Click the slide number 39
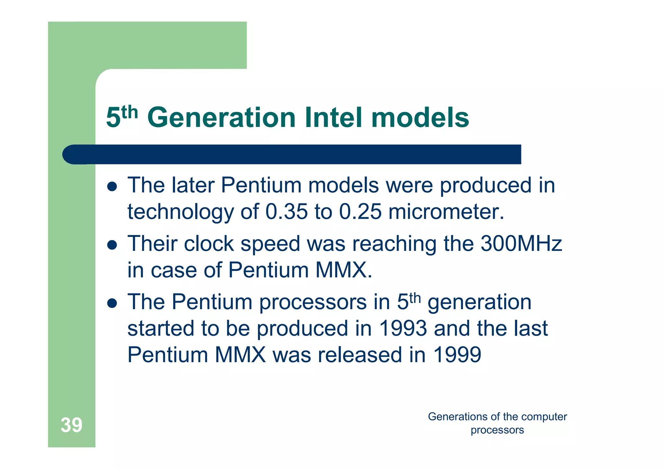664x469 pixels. pos(71,425)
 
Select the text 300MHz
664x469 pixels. pos(521,244)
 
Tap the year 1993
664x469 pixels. pos(403,328)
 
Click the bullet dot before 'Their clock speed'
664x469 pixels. pos(112,245)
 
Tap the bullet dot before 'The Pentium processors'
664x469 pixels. pos(112,303)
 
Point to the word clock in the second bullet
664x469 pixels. pos(209,244)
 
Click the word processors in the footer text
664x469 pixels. pos(497,430)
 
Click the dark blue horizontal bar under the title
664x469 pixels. pos(292,154)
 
